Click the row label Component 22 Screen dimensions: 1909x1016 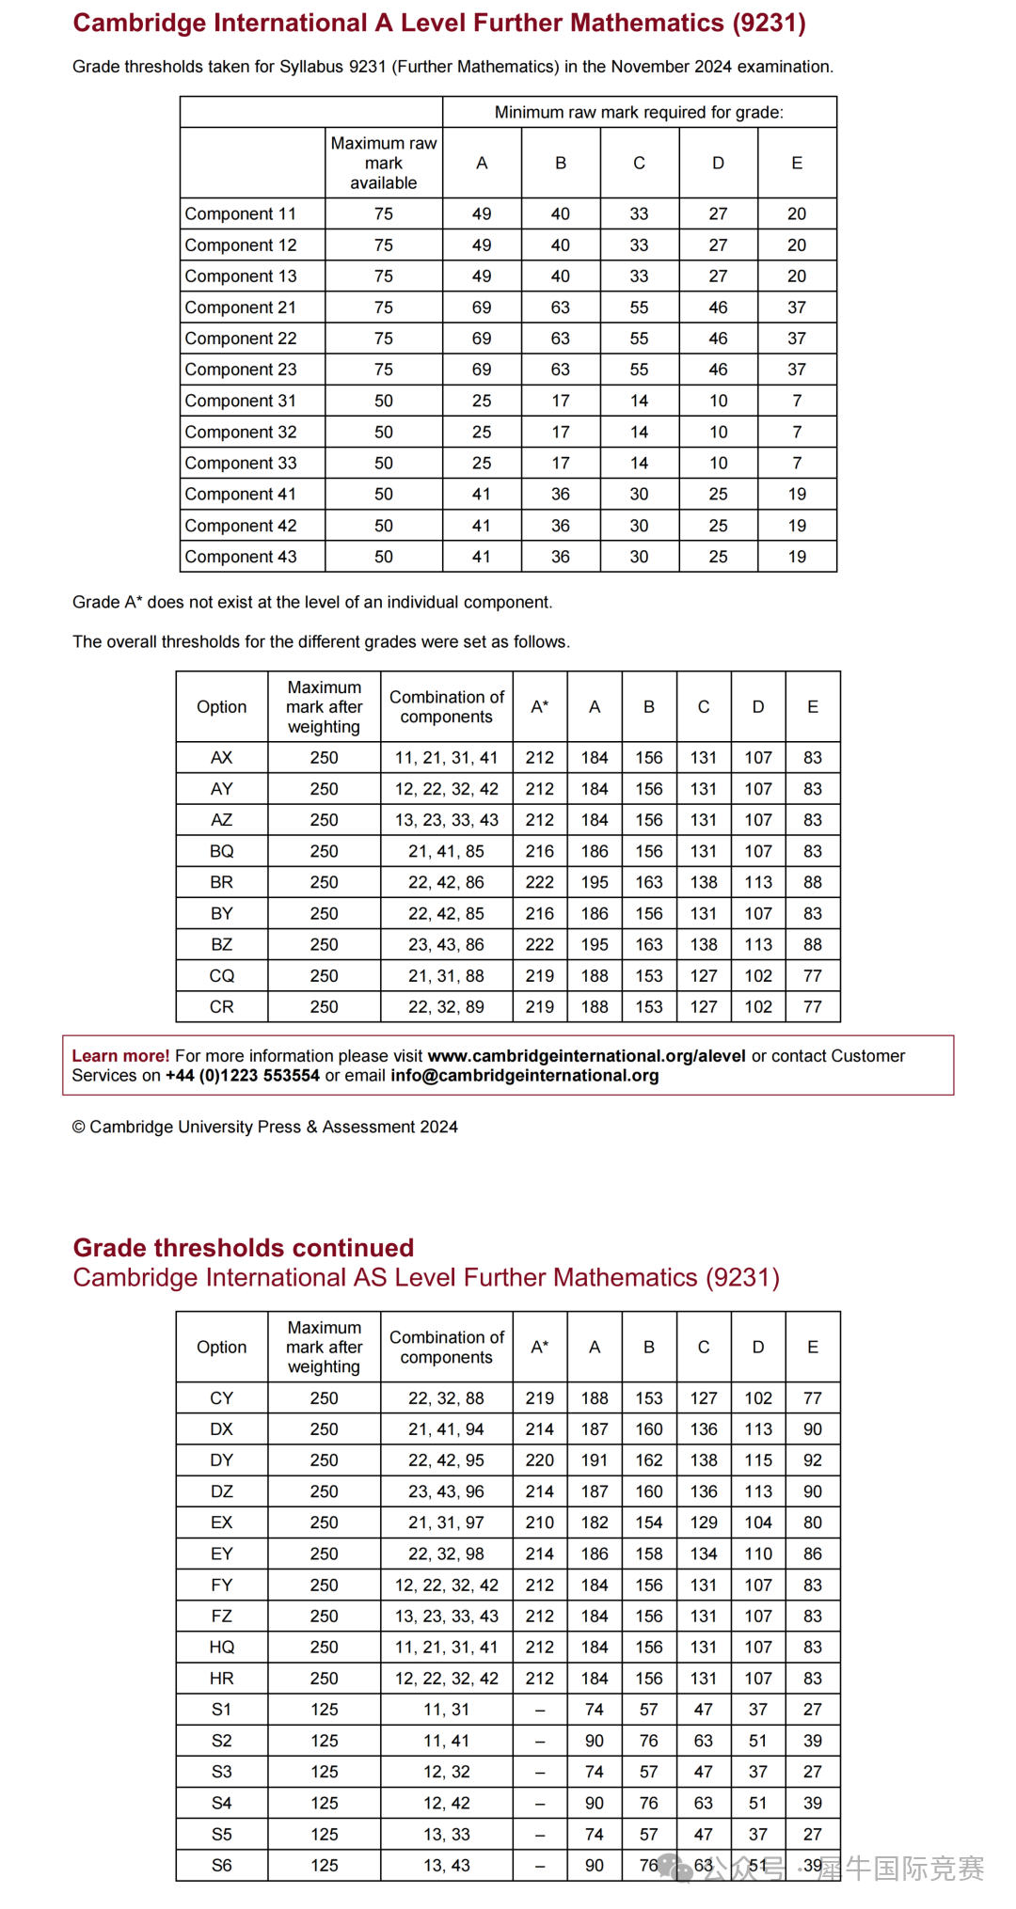coord(241,339)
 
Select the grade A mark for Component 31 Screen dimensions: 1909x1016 coord(482,401)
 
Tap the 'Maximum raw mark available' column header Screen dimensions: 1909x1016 coord(384,163)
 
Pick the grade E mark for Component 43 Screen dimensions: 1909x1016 coord(797,557)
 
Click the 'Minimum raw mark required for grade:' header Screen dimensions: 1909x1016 coord(639,112)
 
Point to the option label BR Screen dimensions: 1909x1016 coord(222,882)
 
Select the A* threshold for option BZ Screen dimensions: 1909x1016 coord(540,944)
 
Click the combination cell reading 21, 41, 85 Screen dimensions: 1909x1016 coord(447,851)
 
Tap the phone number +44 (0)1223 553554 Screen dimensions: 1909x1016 coord(243,1076)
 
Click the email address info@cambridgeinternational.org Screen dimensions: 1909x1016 coord(525,1076)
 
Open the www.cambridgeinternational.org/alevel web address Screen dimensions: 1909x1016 coord(586,1056)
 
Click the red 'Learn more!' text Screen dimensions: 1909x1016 coord(120,1056)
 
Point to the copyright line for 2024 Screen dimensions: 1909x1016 coord(265,1127)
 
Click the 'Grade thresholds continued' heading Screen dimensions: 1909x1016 coord(244,1248)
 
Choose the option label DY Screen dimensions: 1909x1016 coord(222,1460)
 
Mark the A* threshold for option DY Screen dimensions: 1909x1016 coord(540,1460)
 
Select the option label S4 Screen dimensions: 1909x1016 coord(222,1803)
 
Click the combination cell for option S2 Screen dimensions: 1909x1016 coord(447,1741)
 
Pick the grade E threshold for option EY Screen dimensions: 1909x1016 coord(813,1554)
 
